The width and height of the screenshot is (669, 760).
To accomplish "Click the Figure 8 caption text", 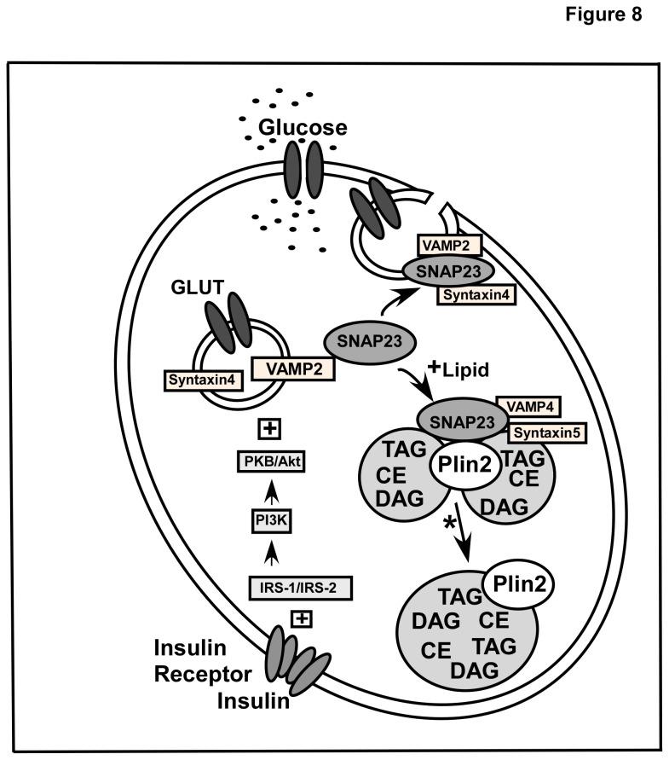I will pyautogui.click(x=610, y=18).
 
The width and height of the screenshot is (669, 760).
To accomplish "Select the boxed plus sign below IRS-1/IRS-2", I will pyautogui.click(x=301, y=617).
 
